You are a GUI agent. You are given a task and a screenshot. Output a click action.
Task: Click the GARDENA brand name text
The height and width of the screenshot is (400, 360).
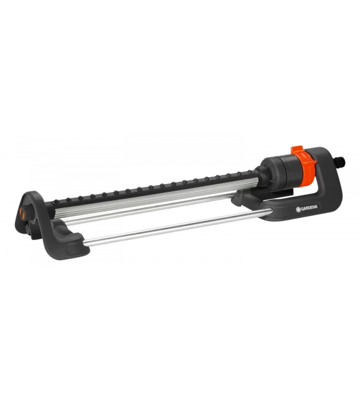click(310, 208)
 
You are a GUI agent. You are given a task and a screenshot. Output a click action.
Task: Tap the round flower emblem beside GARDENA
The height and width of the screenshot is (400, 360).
click(298, 210)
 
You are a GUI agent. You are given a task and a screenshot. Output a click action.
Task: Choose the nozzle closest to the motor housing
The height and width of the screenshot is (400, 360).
click(250, 173)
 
